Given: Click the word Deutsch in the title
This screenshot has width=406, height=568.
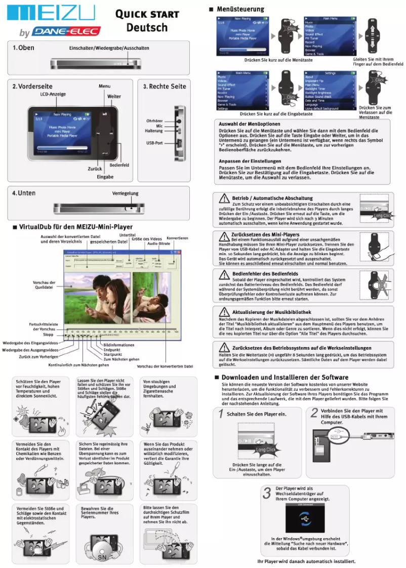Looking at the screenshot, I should [146, 27].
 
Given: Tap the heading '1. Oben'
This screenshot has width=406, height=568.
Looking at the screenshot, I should [23, 48].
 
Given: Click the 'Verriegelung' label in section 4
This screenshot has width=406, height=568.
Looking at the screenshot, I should [125, 193].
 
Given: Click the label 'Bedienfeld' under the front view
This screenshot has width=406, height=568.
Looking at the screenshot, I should [119, 165].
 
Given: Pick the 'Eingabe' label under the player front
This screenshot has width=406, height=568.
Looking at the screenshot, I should [105, 177].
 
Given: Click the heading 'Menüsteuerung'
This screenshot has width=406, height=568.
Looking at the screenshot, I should [240, 9].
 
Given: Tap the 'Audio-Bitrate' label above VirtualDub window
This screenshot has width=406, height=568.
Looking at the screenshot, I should [158, 244].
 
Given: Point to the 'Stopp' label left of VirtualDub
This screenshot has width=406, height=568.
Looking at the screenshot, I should [48, 335].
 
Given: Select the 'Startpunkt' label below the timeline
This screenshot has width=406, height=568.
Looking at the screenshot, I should [112, 354].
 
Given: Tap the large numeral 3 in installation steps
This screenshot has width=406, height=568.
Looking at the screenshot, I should [267, 494].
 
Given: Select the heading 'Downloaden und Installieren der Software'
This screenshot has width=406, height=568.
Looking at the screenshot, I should [285, 377].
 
